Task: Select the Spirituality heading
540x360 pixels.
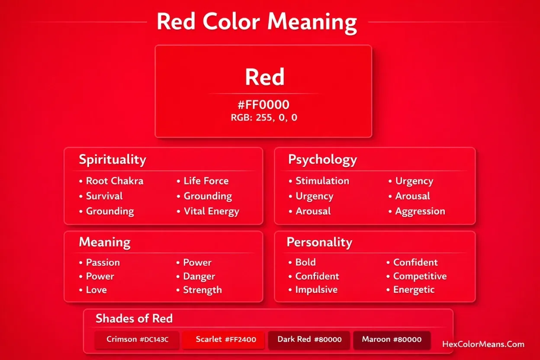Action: point(112,159)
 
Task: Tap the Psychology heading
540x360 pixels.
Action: point(322,159)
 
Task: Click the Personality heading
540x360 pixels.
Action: point(319,242)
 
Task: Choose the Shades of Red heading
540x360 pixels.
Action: point(134,319)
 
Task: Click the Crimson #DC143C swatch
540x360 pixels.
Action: point(137,340)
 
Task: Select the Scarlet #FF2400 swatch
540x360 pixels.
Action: point(225,340)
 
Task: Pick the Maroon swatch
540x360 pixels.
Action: point(392,340)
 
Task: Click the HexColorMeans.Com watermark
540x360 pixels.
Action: point(483,344)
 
